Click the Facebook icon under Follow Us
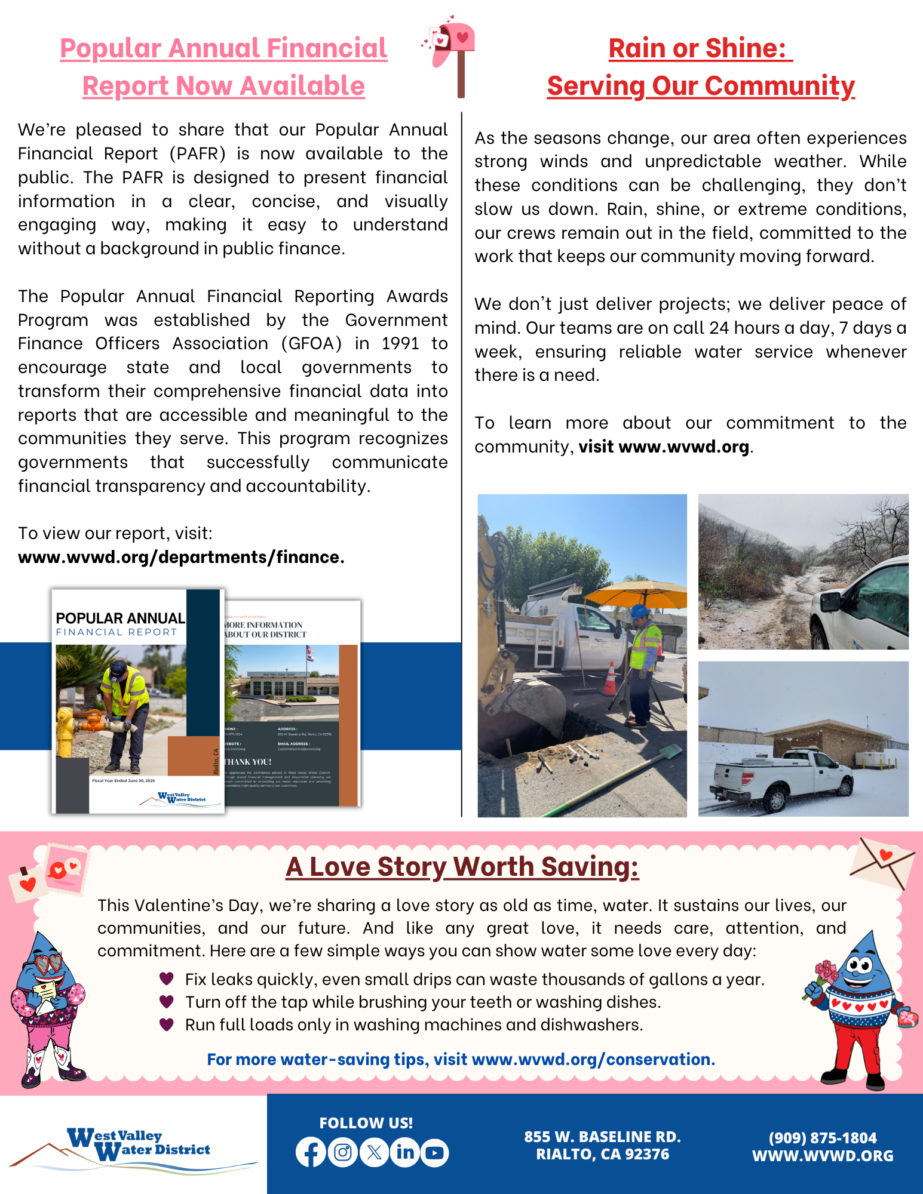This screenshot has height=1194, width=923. pos(311,1153)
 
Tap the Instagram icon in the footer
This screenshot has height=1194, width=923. pos(343,1153)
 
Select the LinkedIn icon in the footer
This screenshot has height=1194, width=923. pos(405,1153)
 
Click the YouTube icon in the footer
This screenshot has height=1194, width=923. pos(435,1153)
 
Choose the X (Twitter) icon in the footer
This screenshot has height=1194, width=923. pos(374,1153)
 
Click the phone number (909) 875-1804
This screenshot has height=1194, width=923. pos(822,1138)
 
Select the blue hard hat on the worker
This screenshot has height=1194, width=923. pos(640,611)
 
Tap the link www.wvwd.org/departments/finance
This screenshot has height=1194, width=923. pos(181,557)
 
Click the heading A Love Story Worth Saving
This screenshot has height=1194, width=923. pos(462,867)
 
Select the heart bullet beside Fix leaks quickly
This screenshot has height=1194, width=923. pos(167,978)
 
